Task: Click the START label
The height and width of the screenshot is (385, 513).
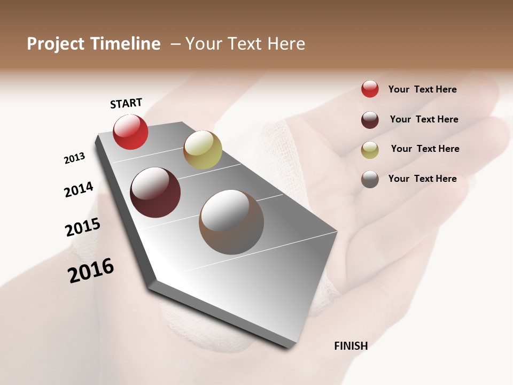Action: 126,103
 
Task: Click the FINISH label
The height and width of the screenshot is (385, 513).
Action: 351,346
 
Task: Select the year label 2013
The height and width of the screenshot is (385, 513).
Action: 74,158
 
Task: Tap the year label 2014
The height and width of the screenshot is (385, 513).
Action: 79,190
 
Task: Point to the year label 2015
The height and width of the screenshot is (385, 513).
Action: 83,227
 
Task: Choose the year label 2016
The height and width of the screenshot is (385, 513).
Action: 91,270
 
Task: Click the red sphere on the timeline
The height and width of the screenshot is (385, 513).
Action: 130,132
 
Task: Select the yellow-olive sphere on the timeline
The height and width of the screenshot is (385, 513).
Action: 203,149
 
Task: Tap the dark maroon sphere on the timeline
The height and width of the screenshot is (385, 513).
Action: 155,192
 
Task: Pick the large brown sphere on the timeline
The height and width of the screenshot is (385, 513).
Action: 231,222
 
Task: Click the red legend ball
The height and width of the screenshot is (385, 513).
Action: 370,89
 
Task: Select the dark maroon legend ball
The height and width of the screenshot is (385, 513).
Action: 370,119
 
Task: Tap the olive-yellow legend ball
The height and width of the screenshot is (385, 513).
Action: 370,149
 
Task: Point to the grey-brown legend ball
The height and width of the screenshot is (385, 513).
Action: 370,179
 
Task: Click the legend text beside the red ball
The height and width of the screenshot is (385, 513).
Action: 422,89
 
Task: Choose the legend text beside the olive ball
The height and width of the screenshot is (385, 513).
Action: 425,149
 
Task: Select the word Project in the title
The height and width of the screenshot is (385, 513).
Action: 56,44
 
